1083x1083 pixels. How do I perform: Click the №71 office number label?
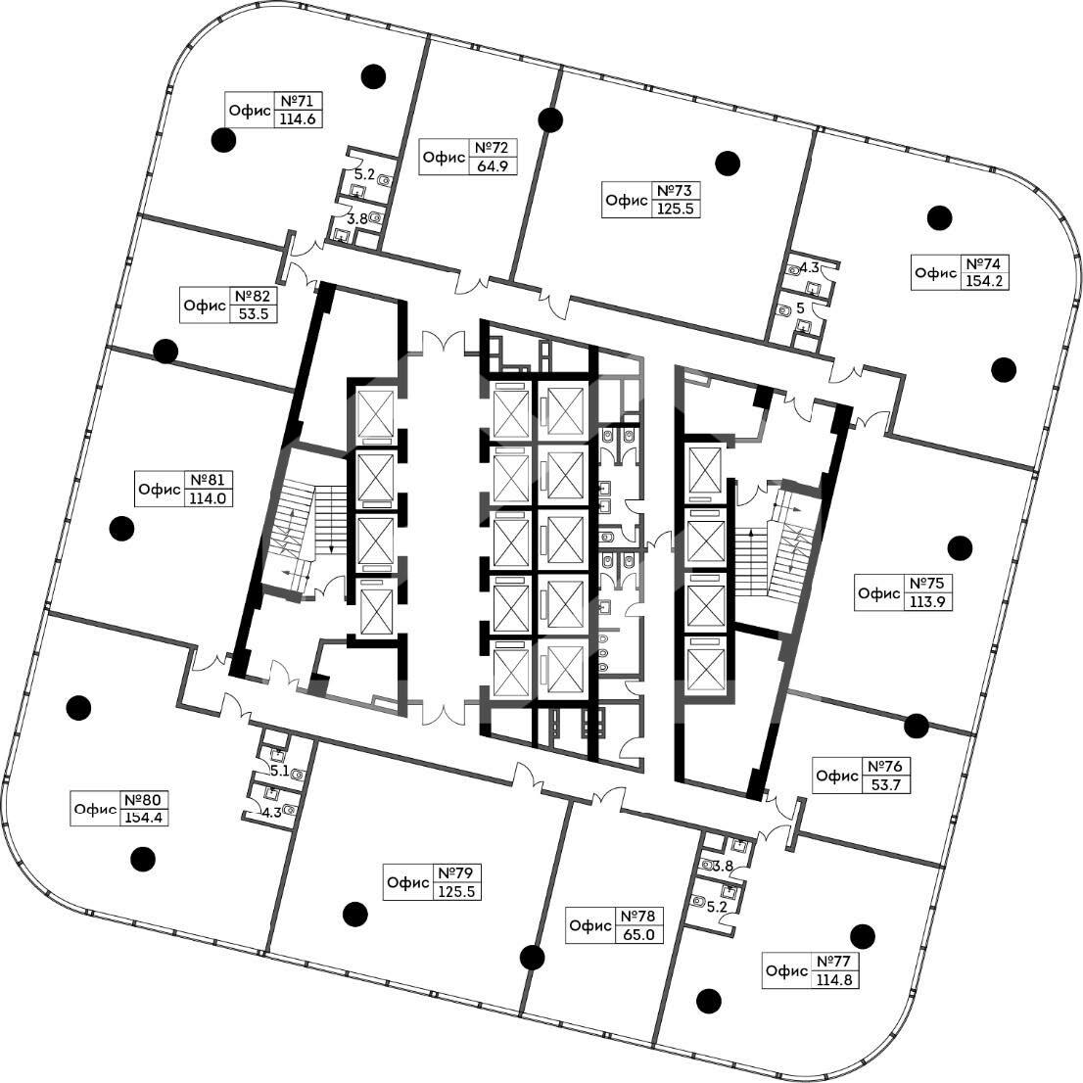pyautogui.click(x=299, y=101)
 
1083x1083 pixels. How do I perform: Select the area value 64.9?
pyautogui.click(x=493, y=165)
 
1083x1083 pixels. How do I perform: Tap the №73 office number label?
pyautogui.click(x=675, y=191)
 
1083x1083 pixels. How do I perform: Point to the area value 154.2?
pyautogui.click(x=983, y=281)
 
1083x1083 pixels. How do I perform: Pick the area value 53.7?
pyautogui.click(x=886, y=784)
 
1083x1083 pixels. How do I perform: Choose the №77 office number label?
pyautogui.click(x=834, y=962)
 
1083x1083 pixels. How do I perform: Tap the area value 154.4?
pyautogui.click(x=144, y=818)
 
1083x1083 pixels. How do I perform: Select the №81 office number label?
pyautogui.click(x=208, y=480)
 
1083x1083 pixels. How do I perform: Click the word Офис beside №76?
pyautogui.click(x=837, y=776)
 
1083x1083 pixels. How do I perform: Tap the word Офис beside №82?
pyautogui.click(x=205, y=306)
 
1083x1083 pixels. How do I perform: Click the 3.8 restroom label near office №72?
pyautogui.click(x=356, y=219)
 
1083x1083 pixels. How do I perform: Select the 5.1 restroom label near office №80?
pyautogui.click(x=280, y=771)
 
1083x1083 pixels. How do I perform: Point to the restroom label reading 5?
pyautogui.click(x=801, y=308)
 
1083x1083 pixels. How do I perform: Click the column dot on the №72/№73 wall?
pyautogui.click(x=550, y=120)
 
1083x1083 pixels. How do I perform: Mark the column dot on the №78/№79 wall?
pyautogui.click(x=532, y=958)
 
